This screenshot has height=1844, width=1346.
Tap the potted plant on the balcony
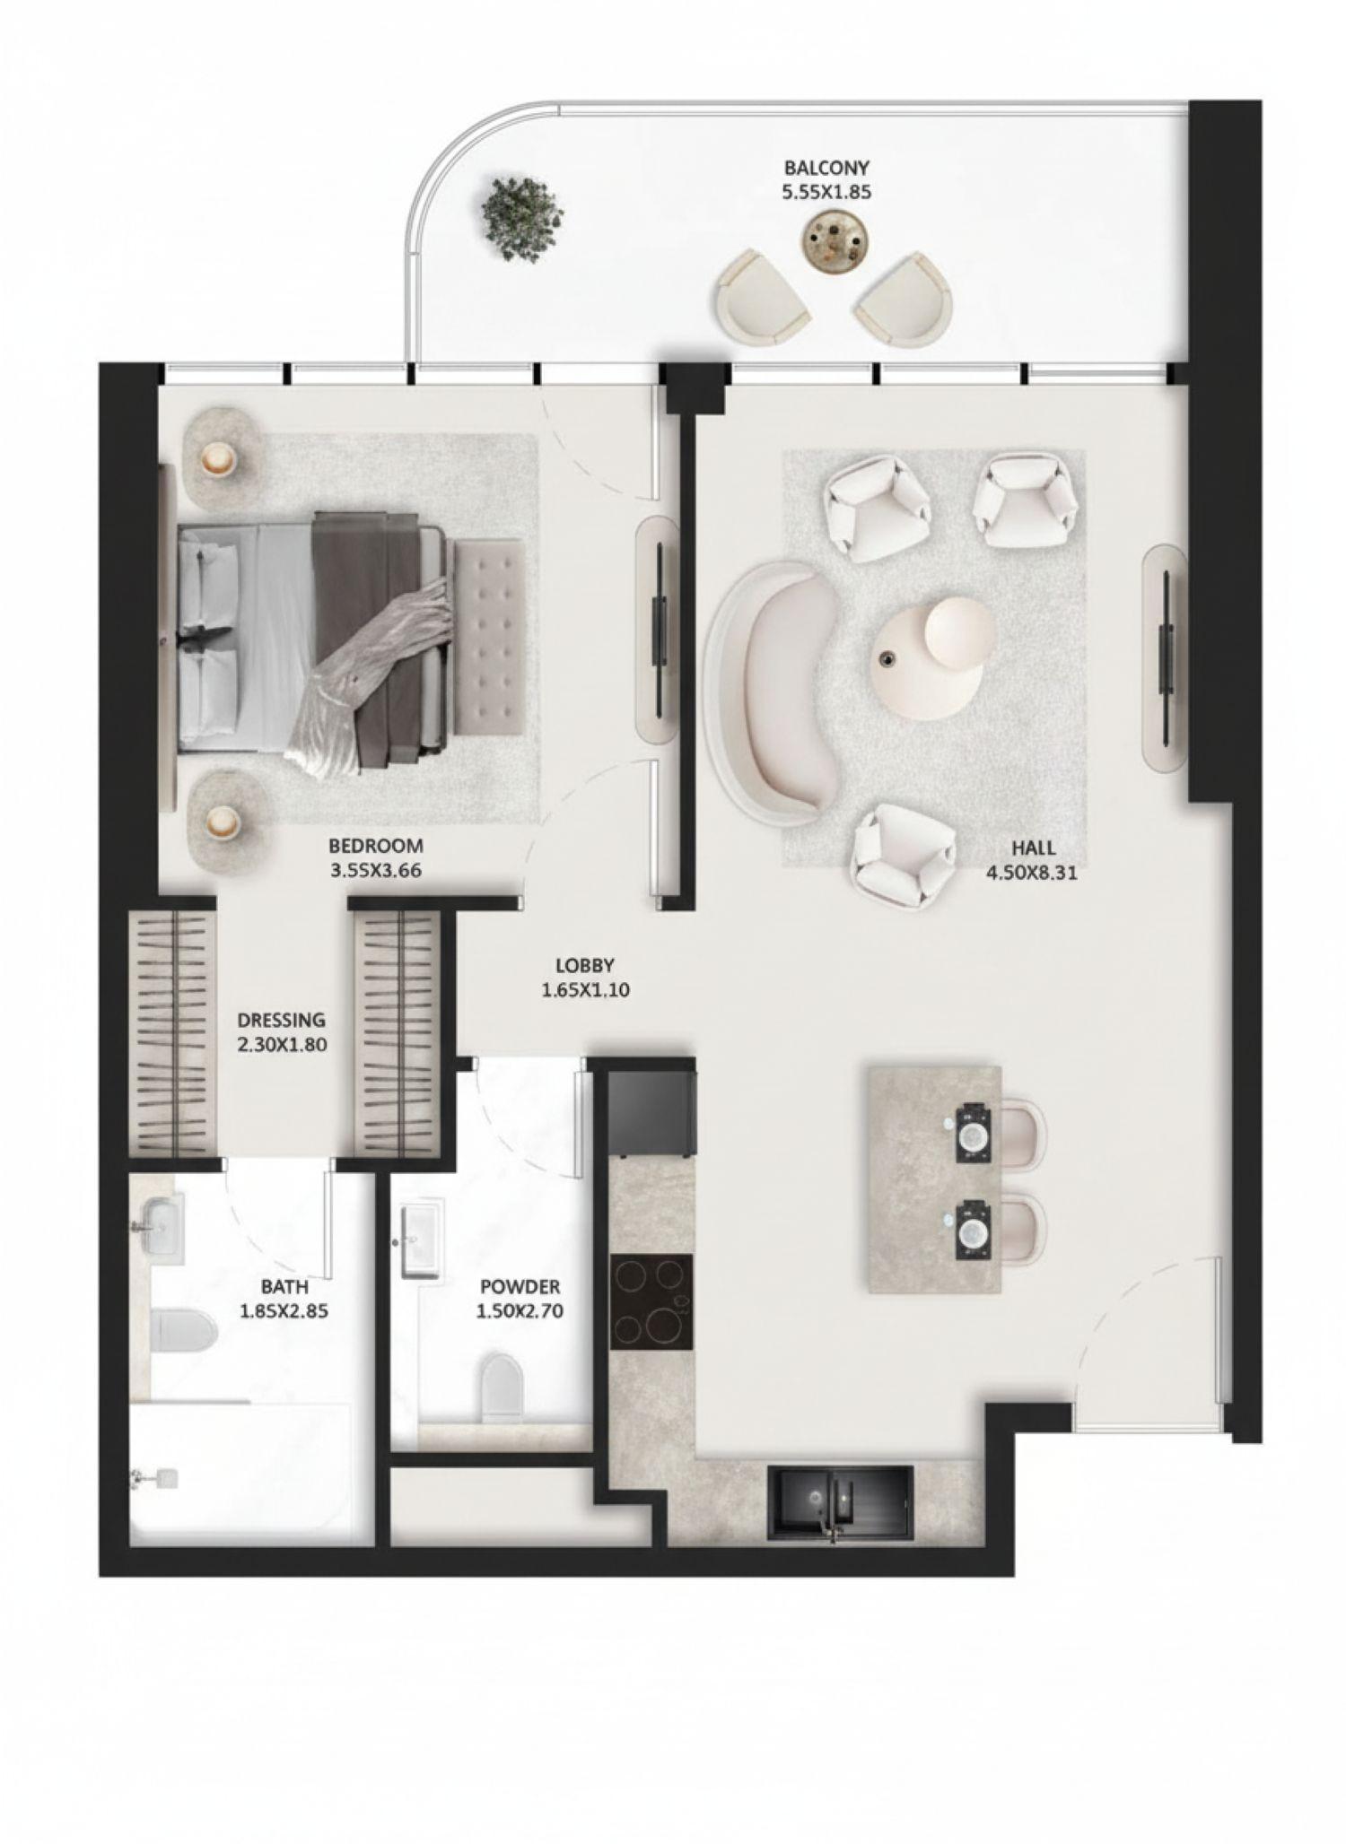[522, 218]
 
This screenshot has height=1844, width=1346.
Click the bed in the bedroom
[314, 639]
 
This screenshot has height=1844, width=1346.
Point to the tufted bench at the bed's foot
[489, 636]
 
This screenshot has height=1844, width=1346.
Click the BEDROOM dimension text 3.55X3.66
[375, 869]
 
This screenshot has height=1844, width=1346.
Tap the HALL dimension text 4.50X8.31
[1031, 872]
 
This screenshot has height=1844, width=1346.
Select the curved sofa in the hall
[772, 691]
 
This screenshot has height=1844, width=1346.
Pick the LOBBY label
[584, 966]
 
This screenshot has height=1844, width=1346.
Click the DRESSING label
[281, 1020]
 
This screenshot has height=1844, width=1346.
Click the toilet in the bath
[184, 1331]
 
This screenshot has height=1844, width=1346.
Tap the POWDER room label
[519, 1286]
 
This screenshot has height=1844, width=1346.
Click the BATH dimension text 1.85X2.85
[284, 1310]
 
